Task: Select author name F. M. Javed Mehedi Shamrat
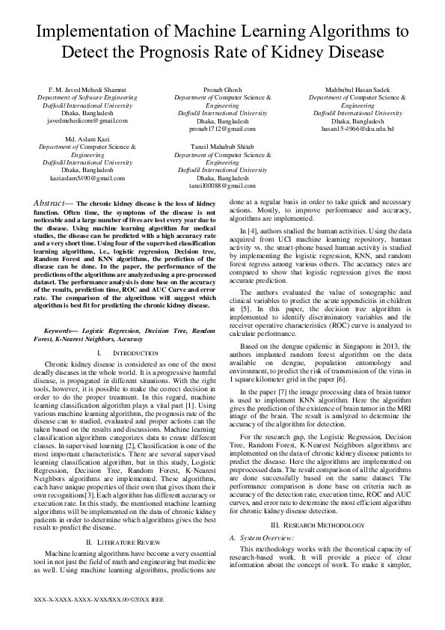coord(88,90)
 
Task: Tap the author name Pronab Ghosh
coord(222,90)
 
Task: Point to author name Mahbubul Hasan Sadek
coord(357,90)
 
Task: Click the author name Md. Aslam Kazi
coord(88,140)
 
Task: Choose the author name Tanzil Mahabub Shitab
coord(222,147)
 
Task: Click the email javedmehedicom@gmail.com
coord(88,120)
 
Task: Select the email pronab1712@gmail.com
coord(222,128)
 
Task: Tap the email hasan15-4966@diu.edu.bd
coord(357,128)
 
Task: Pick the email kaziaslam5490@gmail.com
coord(88,178)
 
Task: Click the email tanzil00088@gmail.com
coord(222,186)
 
